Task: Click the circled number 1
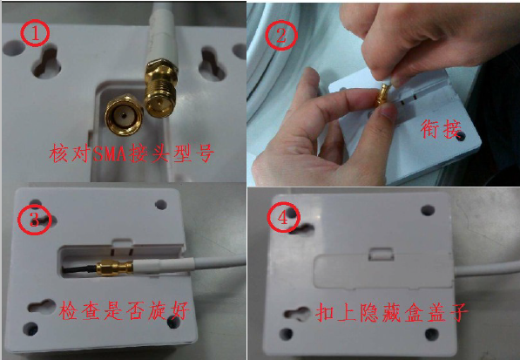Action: [x=35, y=33]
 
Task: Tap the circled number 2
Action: [x=280, y=35]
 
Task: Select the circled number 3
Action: [x=34, y=220]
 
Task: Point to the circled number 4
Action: [x=283, y=218]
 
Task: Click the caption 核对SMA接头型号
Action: [x=132, y=153]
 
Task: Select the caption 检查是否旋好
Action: [x=124, y=310]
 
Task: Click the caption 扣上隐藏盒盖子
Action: [x=391, y=312]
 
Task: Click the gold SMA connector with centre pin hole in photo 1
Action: [x=124, y=115]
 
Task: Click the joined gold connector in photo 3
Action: [x=115, y=268]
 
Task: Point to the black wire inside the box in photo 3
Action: [x=79, y=269]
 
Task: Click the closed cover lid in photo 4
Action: [x=383, y=269]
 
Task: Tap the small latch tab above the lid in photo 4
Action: [x=381, y=254]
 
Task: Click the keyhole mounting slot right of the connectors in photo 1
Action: [x=212, y=64]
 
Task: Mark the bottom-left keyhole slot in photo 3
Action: [x=42, y=307]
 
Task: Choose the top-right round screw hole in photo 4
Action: [x=428, y=210]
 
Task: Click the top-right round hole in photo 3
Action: [x=161, y=204]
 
